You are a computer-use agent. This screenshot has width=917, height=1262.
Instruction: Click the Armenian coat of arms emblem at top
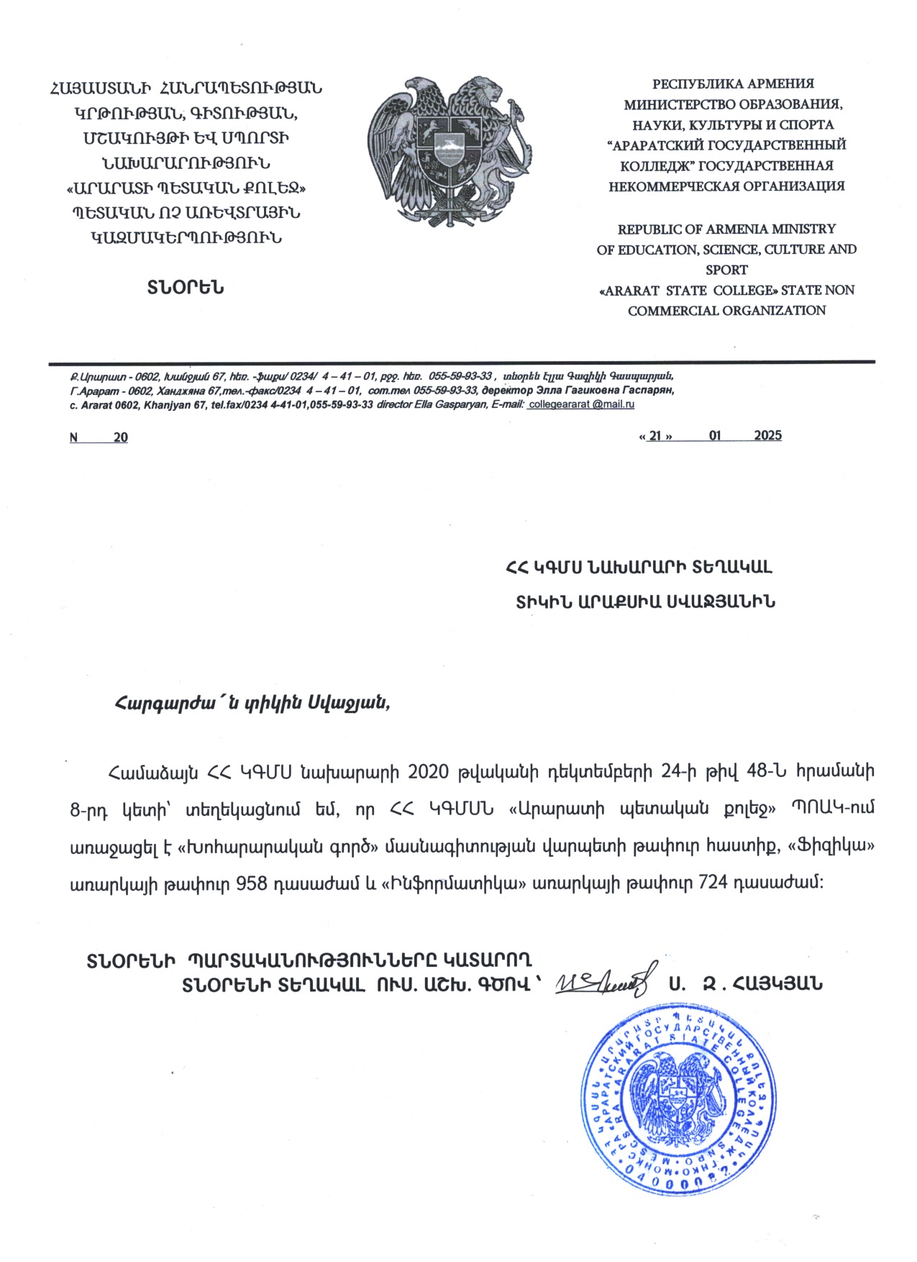451,151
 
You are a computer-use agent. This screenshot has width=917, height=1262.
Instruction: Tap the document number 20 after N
120,437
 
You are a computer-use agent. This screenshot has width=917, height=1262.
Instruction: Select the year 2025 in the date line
767,435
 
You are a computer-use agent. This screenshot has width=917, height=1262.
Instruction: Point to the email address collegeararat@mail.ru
581,404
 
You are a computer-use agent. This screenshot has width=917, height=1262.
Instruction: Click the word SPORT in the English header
726,270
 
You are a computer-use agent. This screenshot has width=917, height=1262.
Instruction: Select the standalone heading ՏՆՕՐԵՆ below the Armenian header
186,288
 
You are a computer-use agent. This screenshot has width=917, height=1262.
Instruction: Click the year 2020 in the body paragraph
429,771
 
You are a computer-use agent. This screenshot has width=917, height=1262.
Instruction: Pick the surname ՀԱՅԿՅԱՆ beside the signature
777,983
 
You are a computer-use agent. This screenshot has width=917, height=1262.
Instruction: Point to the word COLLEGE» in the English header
744,290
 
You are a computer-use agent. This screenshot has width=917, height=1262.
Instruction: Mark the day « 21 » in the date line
655,436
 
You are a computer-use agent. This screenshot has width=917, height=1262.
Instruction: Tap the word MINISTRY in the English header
803,229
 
